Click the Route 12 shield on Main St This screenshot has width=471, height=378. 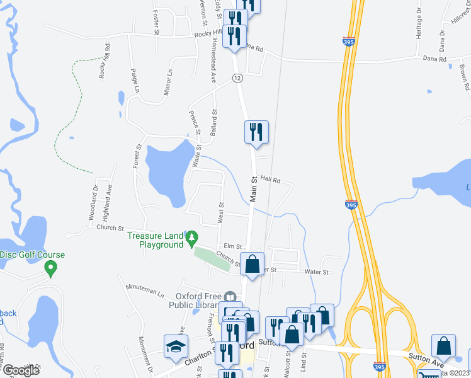(x=237, y=77)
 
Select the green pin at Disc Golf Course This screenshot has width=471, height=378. (x=50, y=268)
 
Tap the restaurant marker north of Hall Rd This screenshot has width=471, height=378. (x=256, y=132)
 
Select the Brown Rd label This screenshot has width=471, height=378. (x=464, y=77)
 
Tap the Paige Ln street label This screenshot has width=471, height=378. (x=135, y=80)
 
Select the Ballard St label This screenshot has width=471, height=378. (x=214, y=122)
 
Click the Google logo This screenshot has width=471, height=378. (x=21, y=370)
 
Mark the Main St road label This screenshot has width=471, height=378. (x=254, y=189)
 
